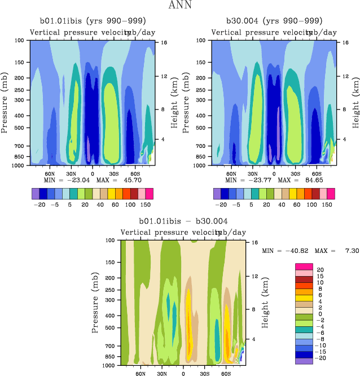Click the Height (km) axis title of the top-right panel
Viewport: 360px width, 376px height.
355,103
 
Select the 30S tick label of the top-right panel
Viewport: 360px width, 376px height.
295,174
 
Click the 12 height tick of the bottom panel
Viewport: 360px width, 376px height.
255,276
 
